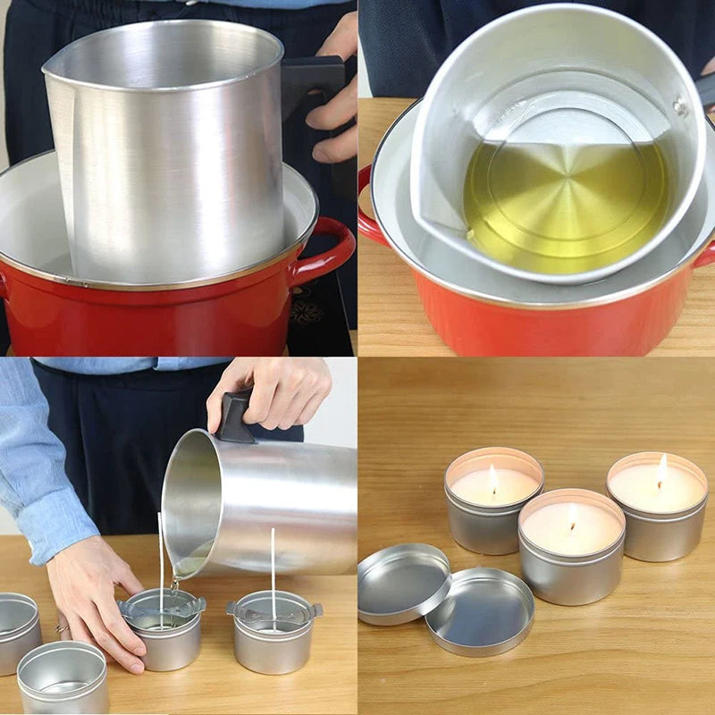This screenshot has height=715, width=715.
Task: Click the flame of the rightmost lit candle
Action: point(662,471)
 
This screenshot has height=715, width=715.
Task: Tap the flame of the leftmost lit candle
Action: point(492,479)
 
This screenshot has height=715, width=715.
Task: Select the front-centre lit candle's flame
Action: point(572,517)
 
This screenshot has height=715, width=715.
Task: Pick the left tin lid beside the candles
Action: point(403,582)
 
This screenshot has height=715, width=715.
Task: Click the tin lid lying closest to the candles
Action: point(479,610)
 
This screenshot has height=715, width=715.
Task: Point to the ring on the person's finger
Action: point(62,627)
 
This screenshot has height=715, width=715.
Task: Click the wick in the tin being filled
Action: point(160,563)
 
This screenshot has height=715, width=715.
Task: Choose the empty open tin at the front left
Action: point(63,677)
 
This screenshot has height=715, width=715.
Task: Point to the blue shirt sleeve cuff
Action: point(58,536)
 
